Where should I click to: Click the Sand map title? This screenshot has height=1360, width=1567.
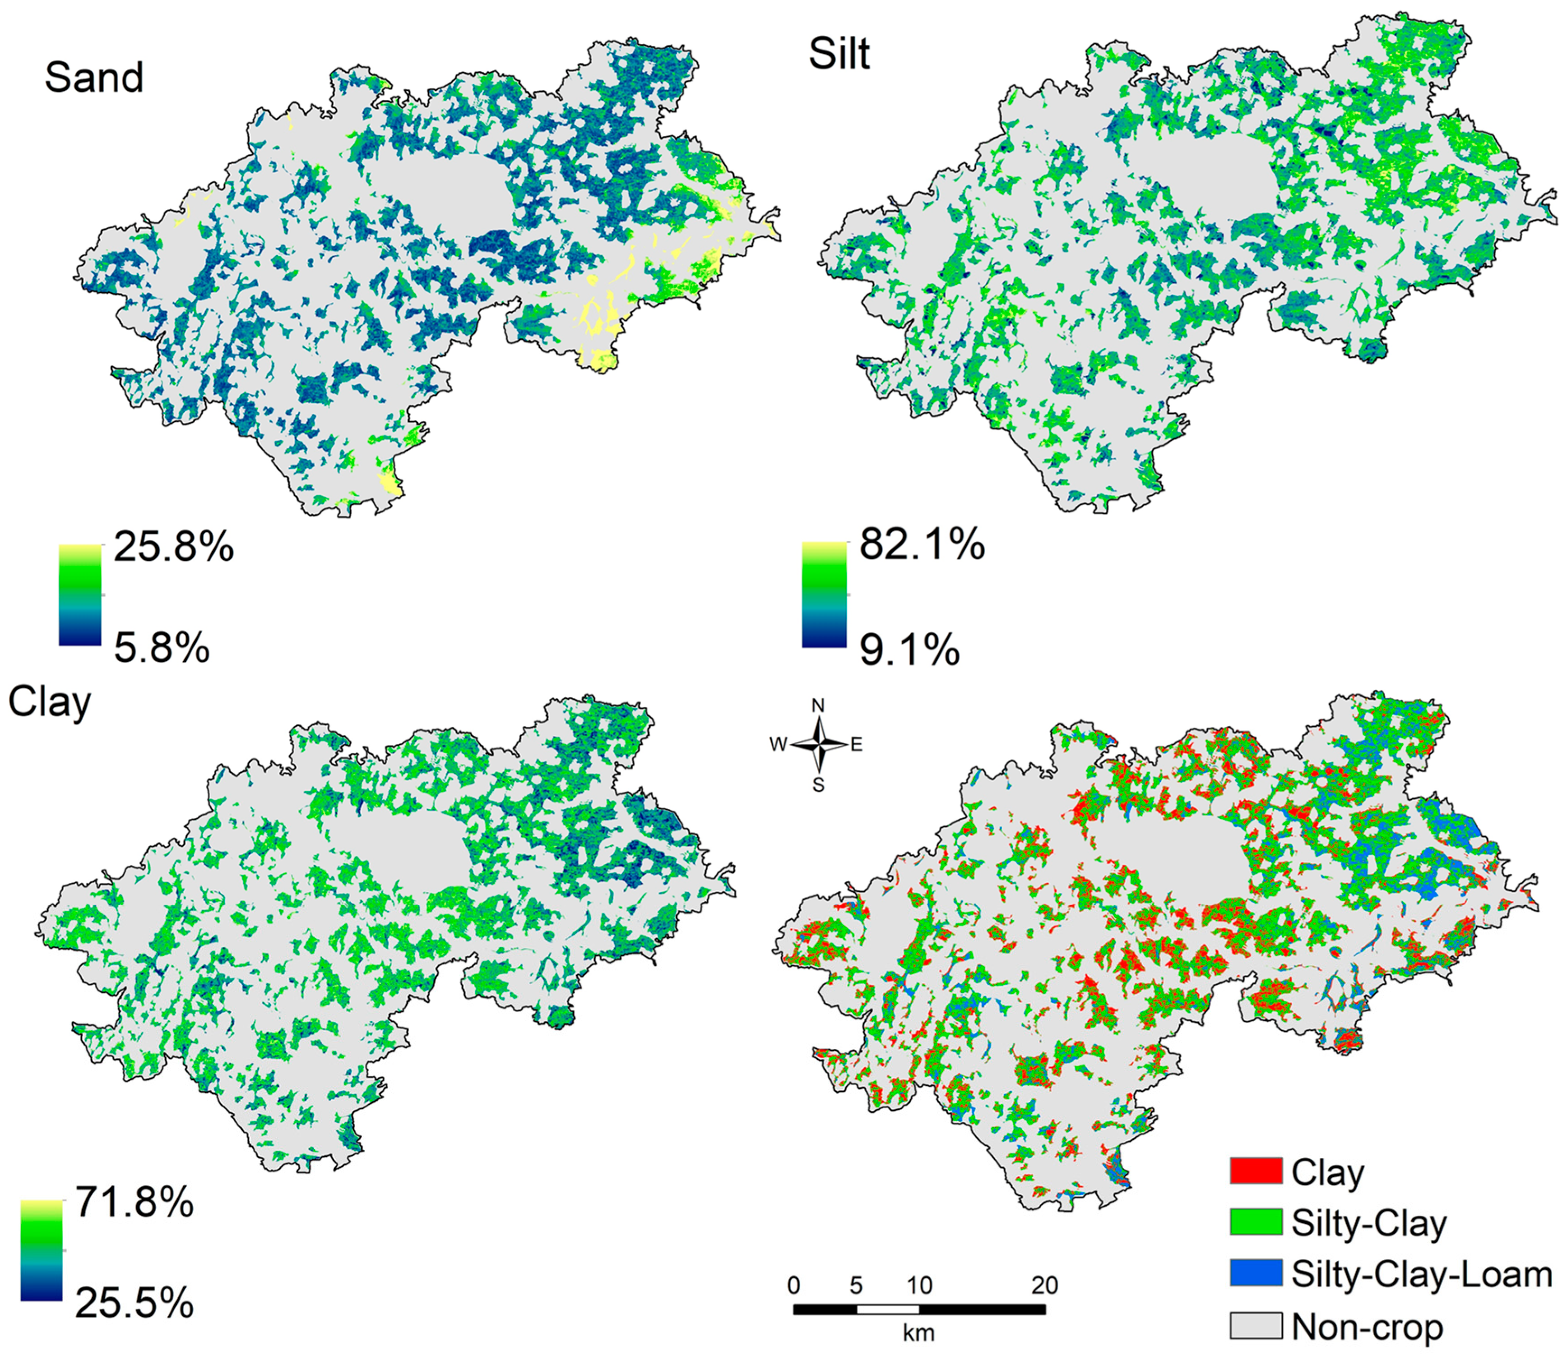coord(94,78)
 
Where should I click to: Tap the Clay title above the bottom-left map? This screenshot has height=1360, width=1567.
coord(49,704)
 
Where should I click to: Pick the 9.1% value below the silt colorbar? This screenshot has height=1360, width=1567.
coord(909,650)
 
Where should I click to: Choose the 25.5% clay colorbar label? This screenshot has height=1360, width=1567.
coord(134,1304)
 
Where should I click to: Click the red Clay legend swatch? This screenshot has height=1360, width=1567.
coord(1256,1171)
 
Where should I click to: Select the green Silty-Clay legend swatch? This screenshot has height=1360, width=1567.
coord(1256,1222)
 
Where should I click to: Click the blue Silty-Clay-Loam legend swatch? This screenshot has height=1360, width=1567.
coord(1256,1273)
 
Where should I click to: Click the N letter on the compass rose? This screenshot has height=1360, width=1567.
coord(818,706)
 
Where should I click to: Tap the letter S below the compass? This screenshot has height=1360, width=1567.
coord(818,785)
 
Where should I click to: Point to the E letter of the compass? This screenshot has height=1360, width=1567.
coord(856,745)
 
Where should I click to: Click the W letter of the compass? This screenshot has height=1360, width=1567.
coord(778,745)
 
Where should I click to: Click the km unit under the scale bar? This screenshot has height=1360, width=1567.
coord(918,1332)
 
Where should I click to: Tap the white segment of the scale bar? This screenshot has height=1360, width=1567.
coord(887,1309)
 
